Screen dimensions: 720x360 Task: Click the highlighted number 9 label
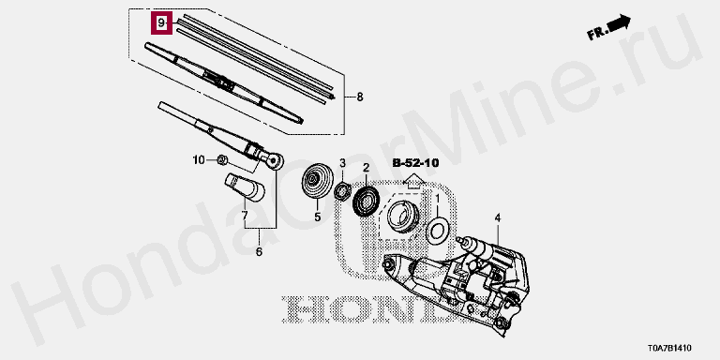(161, 22)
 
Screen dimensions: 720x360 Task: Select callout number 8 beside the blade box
(360, 97)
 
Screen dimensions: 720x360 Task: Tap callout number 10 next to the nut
(199, 159)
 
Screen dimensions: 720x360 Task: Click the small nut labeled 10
(221, 159)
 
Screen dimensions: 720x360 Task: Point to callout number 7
(245, 215)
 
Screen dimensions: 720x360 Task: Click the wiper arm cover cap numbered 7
(246, 187)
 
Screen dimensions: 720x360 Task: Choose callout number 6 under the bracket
(259, 251)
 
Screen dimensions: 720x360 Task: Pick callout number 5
(317, 217)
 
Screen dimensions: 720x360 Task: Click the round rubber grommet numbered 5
(316, 181)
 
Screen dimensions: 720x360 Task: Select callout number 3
(342, 162)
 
